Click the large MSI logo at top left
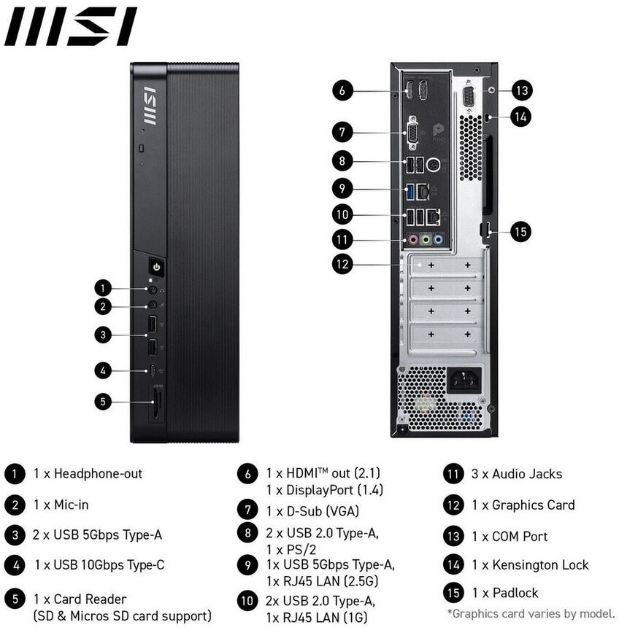pyautogui.click(x=71, y=27)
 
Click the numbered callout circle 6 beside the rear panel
pyautogui.click(x=343, y=91)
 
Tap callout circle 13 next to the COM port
pyautogui.click(x=520, y=91)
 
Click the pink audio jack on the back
pyautogui.click(x=412, y=238)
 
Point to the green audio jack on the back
pyautogui.click(x=425, y=238)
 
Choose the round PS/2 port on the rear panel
pyautogui.click(x=433, y=164)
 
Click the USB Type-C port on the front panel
pyautogui.click(x=153, y=370)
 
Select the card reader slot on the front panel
pyautogui.click(x=155, y=405)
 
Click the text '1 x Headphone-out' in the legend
pyautogui.click(x=88, y=474)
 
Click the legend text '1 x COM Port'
pyautogui.click(x=510, y=536)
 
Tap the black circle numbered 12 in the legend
pyautogui.click(x=454, y=505)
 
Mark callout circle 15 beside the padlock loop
pyautogui.click(x=520, y=232)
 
